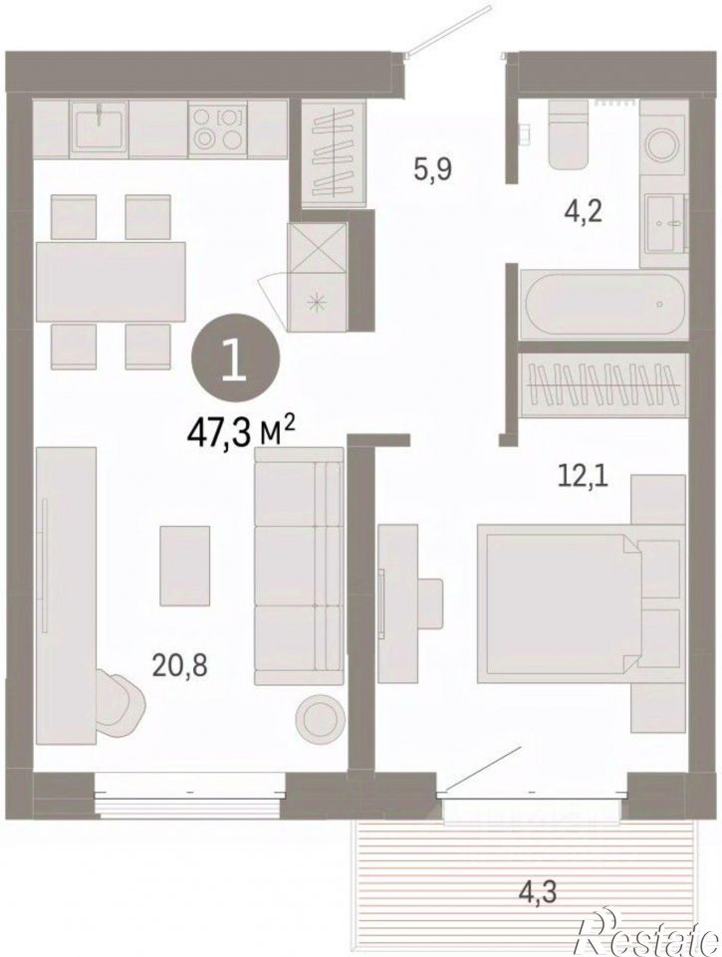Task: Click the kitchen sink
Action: pyautogui.click(x=100, y=125)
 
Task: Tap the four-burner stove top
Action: pyautogui.click(x=218, y=128)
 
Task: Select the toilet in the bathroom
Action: pyautogui.click(x=569, y=134)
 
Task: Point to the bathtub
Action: pyautogui.click(x=602, y=304)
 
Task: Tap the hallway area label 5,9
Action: pyautogui.click(x=432, y=169)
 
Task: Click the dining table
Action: pyautogui.click(x=111, y=282)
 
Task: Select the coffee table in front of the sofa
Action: pyautogui.click(x=185, y=566)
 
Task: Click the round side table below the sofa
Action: pyautogui.click(x=318, y=720)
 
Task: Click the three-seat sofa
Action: pyautogui.click(x=299, y=566)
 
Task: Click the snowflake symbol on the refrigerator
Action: pyautogui.click(x=317, y=303)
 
